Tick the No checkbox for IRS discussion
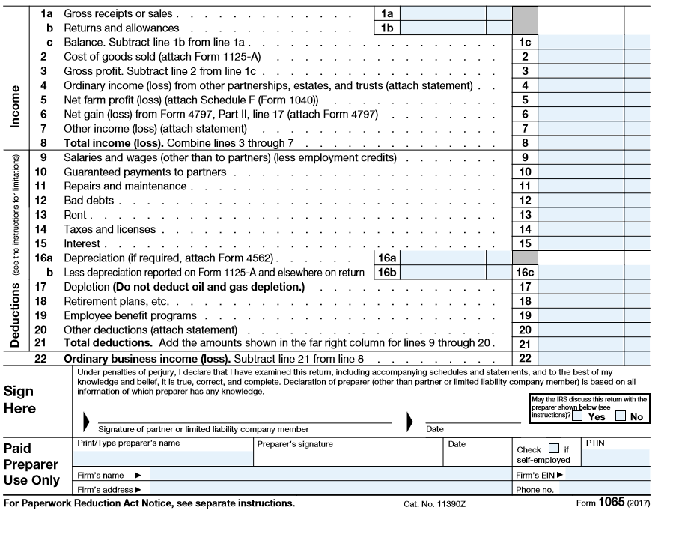[x=621, y=416]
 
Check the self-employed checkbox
[x=553, y=449]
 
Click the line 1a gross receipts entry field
[x=444, y=13]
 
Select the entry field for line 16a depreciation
[x=444, y=258]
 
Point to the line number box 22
[x=526, y=358]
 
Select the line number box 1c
[x=526, y=43]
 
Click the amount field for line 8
[x=581, y=143]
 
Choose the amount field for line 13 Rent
[x=581, y=215]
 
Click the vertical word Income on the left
[x=15, y=106]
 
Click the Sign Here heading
[x=20, y=400]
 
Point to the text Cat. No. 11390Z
[x=434, y=504]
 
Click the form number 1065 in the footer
[x=610, y=503]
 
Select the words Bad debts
[x=88, y=201]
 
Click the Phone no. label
[x=535, y=490]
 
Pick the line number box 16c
[x=526, y=273]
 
